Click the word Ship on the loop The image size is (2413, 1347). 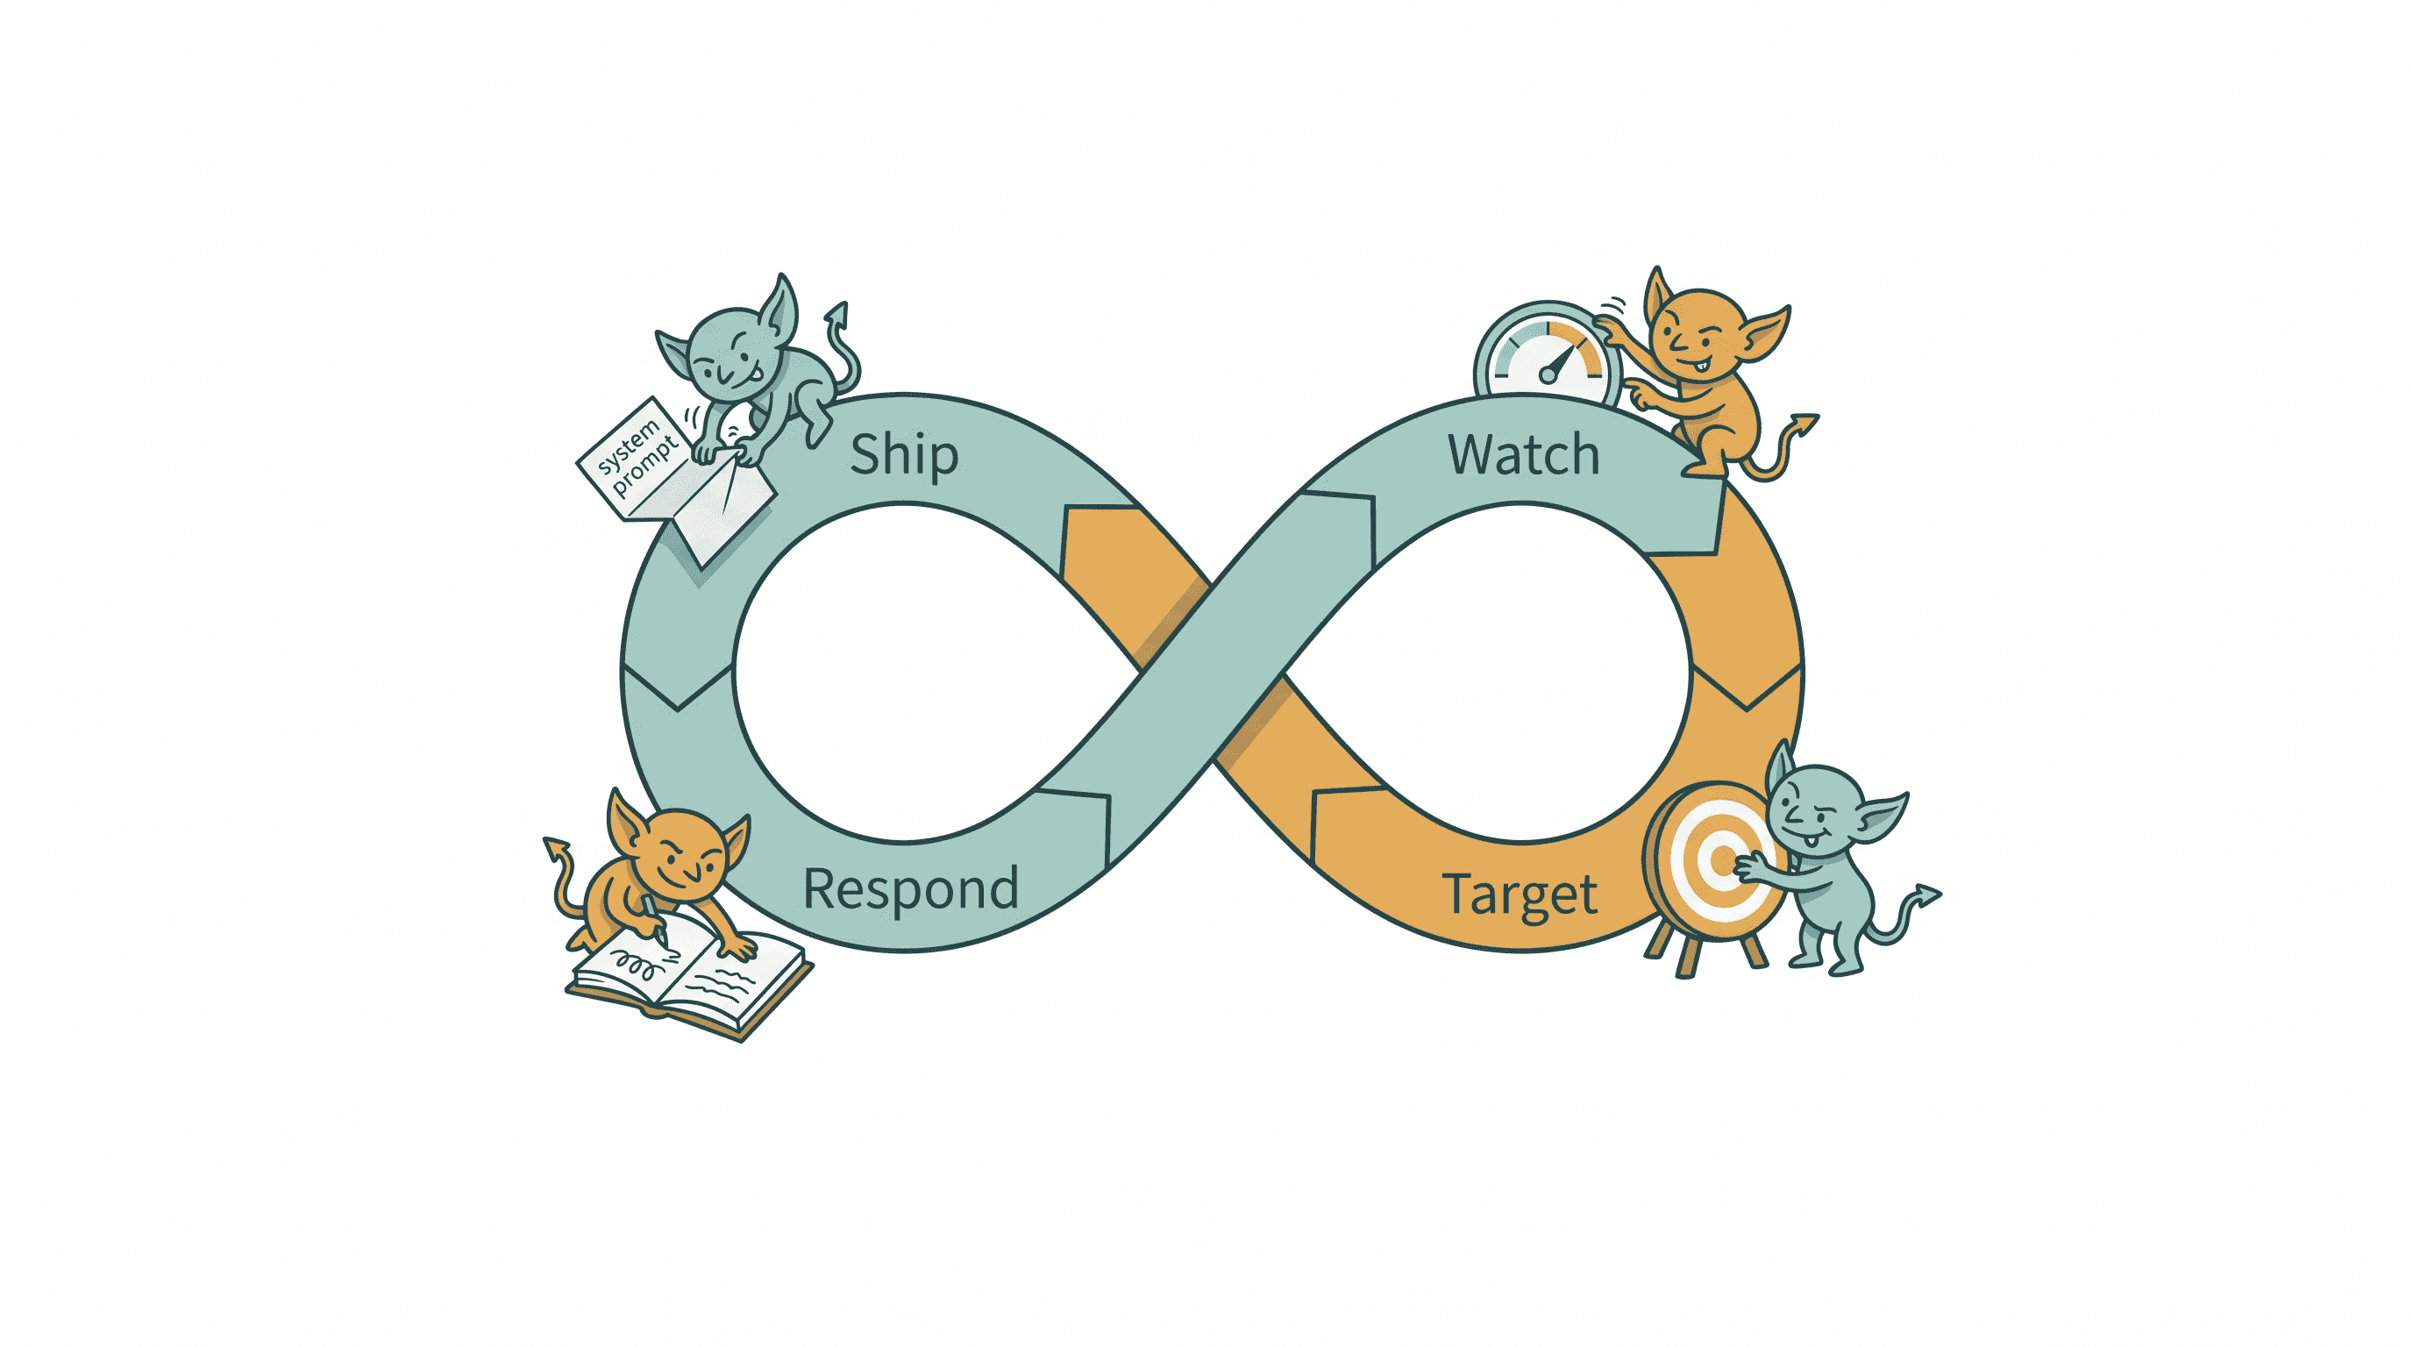(904, 455)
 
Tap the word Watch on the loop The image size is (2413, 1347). (1524, 455)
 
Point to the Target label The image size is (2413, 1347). (1520, 895)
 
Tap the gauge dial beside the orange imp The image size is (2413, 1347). (1548, 354)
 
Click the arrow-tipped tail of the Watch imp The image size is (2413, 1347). (1775, 450)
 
